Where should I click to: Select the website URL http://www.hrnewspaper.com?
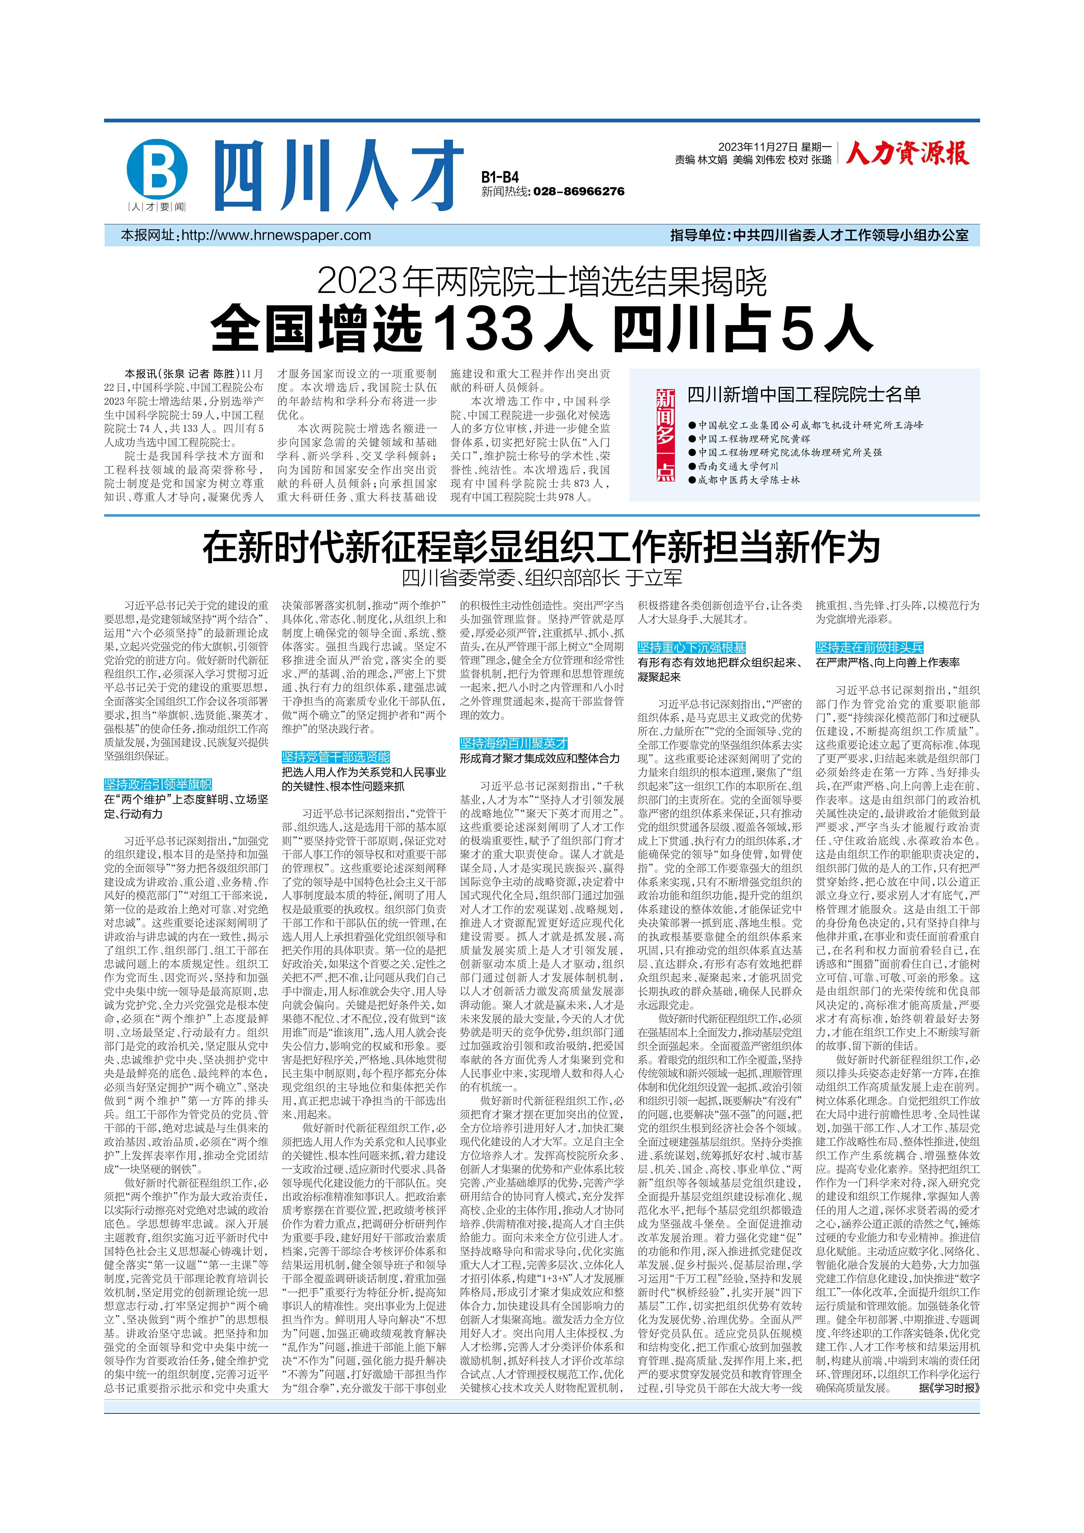276,235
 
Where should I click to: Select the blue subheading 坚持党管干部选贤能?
336,756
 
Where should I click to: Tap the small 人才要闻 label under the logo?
157,207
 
